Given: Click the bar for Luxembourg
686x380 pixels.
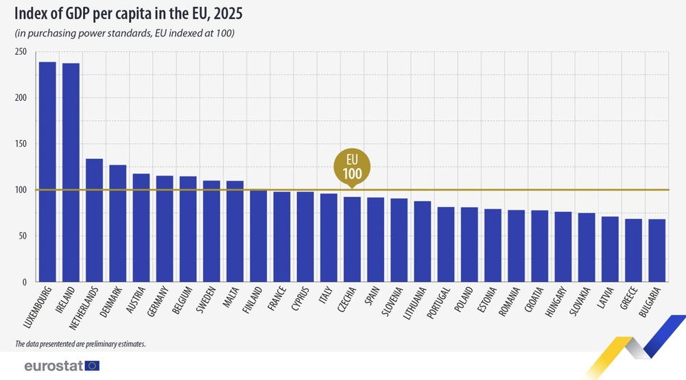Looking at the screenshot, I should (47, 171).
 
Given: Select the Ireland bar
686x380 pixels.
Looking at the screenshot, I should (71, 172).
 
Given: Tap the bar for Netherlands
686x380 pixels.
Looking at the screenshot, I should (94, 220).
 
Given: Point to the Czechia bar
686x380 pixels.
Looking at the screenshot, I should (352, 239).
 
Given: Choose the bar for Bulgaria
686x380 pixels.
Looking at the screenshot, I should (657, 250).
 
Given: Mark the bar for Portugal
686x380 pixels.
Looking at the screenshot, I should (446, 244).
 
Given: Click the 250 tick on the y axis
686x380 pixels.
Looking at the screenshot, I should (21, 51).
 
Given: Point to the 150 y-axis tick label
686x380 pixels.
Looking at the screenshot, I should (21, 144).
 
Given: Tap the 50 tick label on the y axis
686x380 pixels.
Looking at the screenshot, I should (23, 236).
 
